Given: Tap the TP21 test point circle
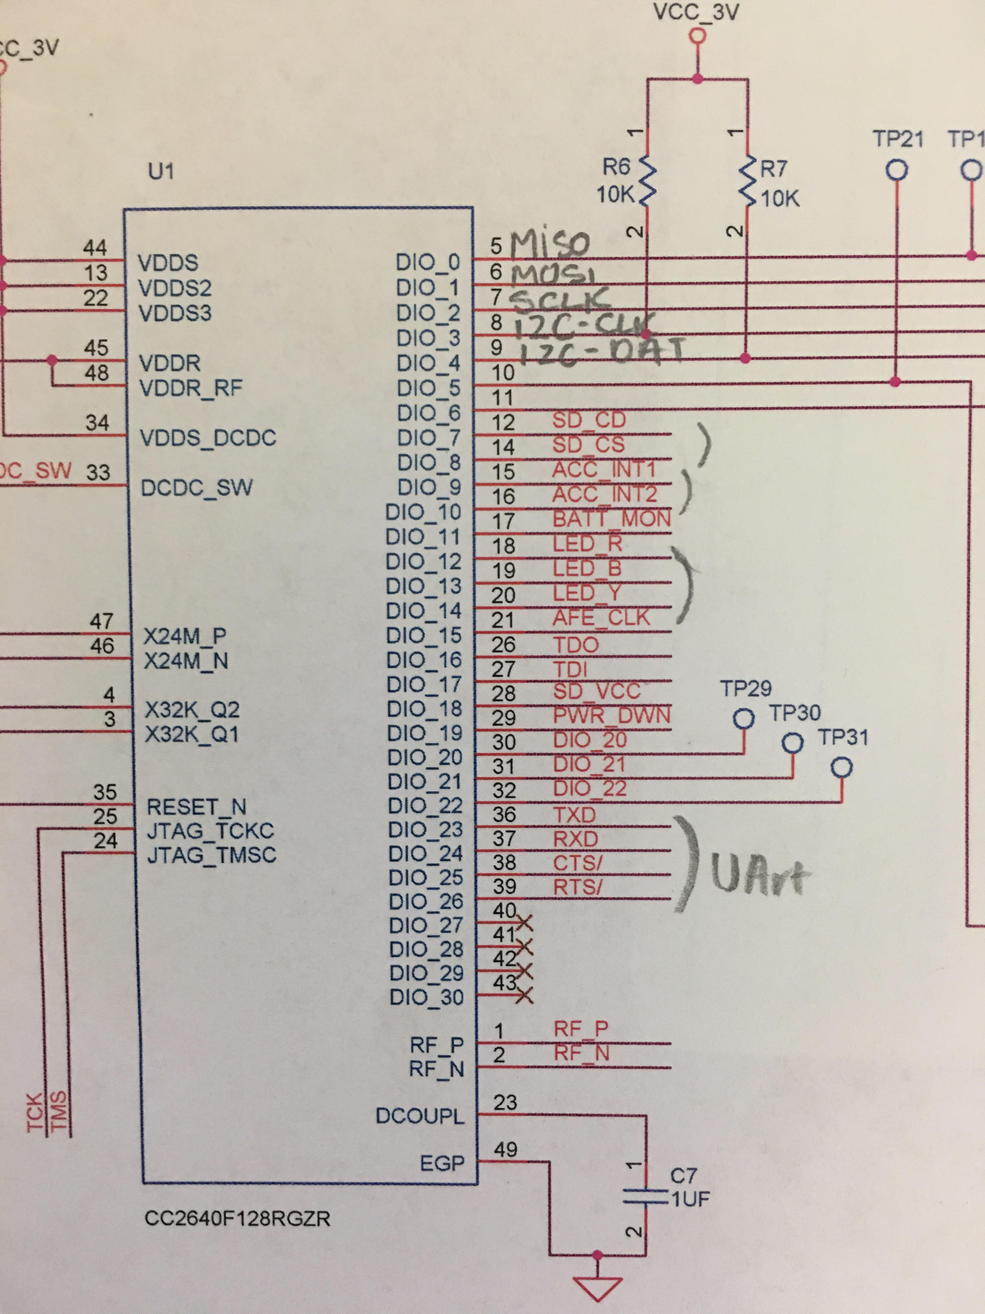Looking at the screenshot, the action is (896, 170).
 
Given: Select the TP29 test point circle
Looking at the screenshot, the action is (743, 719).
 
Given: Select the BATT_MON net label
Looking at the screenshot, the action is (611, 518).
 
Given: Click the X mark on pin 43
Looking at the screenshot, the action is (525, 995).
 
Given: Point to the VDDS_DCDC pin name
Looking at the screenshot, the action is (208, 438).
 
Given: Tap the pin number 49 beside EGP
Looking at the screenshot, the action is (505, 1149).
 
